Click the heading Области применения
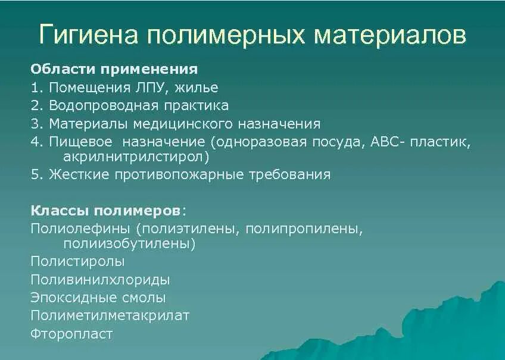click(x=114, y=69)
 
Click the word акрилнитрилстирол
click(x=136, y=157)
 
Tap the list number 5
click(x=35, y=175)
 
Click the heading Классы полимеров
click(x=107, y=211)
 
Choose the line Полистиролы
click(x=77, y=261)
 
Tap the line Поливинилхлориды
click(x=100, y=280)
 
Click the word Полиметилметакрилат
click(x=110, y=315)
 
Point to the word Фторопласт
click(x=71, y=334)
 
